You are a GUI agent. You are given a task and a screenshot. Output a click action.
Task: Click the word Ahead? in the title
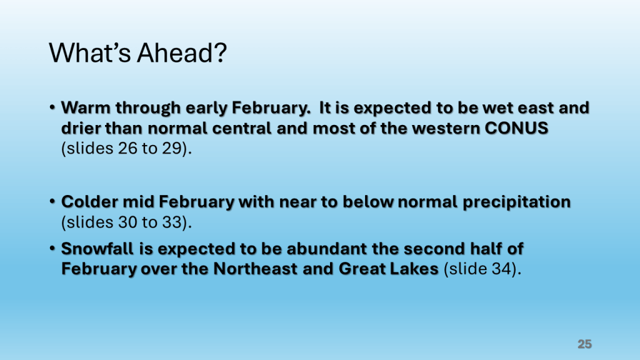coord(182,52)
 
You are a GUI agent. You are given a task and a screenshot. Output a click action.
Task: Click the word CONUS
coord(516,128)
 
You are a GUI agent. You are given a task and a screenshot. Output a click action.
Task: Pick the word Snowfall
coord(97,249)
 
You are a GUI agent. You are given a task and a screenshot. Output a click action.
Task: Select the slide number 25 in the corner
coord(584,344)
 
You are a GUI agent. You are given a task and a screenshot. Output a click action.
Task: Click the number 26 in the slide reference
coord(127,148)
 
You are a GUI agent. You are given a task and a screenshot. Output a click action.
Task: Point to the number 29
coord(171,148)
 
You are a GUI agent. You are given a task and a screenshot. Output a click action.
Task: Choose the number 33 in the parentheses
coord(171,222)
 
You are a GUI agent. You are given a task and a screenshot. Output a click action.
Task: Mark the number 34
coord(502,269)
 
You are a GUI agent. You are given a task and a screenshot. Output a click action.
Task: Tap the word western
coord(446,129)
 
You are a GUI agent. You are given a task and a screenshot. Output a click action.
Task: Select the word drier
coord(81,128)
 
